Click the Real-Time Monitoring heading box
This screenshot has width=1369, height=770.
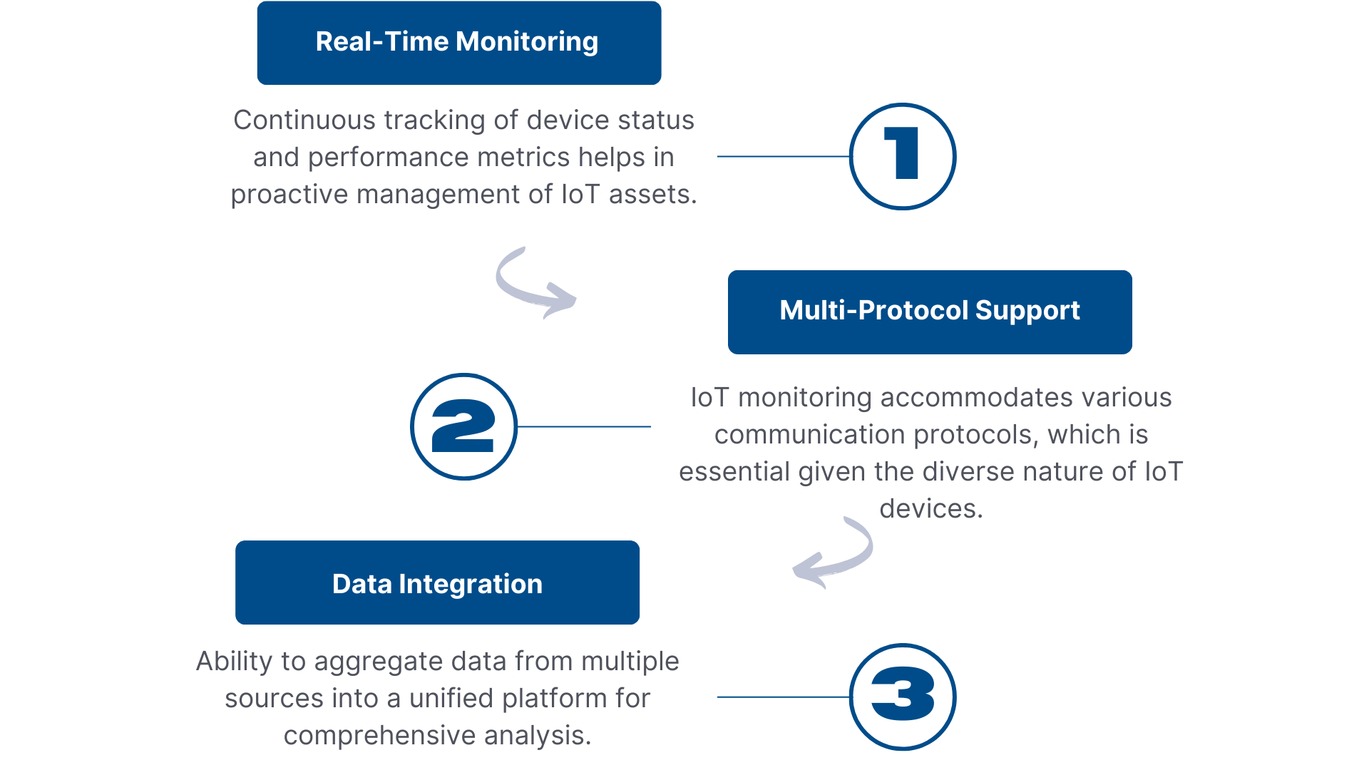point(459,43)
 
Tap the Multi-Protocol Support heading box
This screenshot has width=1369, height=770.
point(930,312)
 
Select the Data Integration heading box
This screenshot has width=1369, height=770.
point(437,582)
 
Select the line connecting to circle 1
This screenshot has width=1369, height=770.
point(784,156)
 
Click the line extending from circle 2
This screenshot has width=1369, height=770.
point(584,426)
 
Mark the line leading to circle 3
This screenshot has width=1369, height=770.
point(784,697)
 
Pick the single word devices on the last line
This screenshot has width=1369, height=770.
point(931,508)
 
